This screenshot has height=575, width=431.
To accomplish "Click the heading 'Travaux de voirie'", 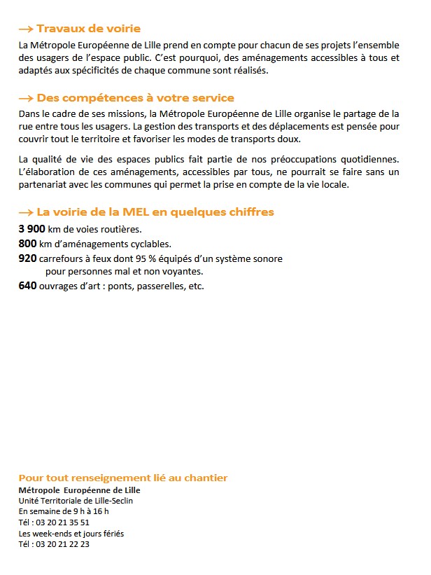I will pos(88,29).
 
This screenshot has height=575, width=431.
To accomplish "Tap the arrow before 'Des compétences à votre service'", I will pos(26,98).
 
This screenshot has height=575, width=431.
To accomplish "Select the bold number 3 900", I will pos(31,230).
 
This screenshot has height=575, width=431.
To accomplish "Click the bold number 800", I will pos(27,244).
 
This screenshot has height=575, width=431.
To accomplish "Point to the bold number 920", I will pos(27,258).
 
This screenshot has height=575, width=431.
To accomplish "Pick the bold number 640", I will pos(27,286).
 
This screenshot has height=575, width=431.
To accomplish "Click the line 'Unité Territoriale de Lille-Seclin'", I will pos(76,501).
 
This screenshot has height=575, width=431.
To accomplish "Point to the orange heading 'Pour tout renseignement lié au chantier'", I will pos(122,478).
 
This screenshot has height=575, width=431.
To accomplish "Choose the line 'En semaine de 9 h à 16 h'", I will pos(64,511).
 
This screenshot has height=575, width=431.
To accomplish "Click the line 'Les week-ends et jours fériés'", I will pos(71,534).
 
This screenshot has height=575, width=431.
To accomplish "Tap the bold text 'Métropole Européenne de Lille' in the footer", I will pos(79,490).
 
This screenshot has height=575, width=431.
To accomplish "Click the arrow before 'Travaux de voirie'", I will pos(26,29).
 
